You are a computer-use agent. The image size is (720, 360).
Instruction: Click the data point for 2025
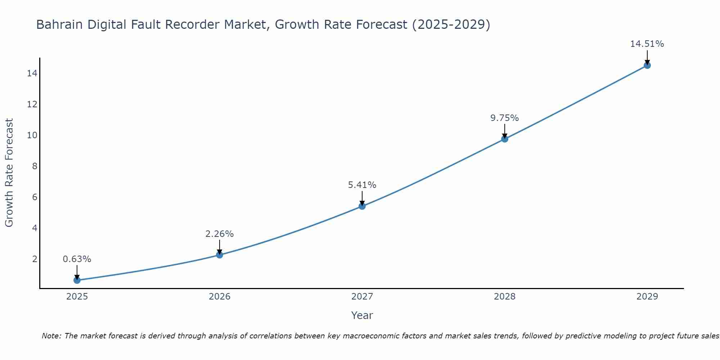tap(77, 280)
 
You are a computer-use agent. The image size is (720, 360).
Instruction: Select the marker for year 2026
tap(220, 255)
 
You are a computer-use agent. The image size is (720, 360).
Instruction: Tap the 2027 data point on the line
tap(362, 206)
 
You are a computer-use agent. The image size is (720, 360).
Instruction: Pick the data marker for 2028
tap(505, 139)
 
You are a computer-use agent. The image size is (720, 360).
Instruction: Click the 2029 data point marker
tap(647, 65)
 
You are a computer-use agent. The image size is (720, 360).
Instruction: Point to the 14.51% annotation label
tap(647, 44)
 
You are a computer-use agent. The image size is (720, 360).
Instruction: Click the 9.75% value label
tap(504, 118)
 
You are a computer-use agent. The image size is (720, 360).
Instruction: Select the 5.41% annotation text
tap(362, 185)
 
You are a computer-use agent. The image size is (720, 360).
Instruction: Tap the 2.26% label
tap(219, 234)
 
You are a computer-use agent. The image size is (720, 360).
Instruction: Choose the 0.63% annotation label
tap(77, 259)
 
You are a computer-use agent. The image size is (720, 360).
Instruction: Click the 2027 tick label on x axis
tap(362, 297)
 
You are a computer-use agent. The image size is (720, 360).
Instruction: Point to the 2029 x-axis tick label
tap(647, 297)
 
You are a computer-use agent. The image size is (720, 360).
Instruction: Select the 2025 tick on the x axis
tap(77, 297)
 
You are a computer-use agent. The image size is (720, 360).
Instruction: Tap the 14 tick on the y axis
tap(32, 73)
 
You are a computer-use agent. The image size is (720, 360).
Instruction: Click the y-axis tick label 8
tap(35, 166)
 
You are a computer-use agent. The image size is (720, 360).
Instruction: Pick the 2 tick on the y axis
tap(35, 259)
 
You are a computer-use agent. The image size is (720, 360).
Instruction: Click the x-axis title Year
tap(362, 315)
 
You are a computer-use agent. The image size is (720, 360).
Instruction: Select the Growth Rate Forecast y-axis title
tap(9, 173)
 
